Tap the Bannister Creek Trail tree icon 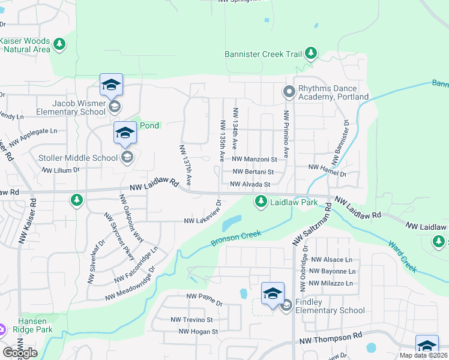coord(311,53)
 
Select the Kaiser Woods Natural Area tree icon coord(59,44)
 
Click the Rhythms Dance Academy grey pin coord(289,92)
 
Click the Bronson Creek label coord(236,238)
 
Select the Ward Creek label coord(403,256)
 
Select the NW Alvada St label coord(250,184)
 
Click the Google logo coord(20,353)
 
